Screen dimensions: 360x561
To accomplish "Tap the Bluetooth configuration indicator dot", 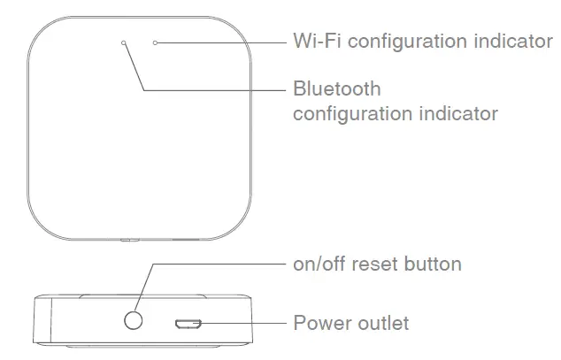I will point(123,42).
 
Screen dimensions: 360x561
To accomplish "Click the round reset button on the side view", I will point(134,319).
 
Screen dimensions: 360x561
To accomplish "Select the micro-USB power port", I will point(186,324).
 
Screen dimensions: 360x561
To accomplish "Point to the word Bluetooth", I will point(336,89).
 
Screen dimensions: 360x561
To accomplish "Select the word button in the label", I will point(434,264).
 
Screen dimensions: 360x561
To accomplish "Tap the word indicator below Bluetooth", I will point(454,114).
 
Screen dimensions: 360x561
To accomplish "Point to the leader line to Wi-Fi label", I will point(221,42).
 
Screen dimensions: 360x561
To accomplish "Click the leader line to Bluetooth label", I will point(212,88).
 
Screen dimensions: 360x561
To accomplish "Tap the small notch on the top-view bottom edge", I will point(129,240).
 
